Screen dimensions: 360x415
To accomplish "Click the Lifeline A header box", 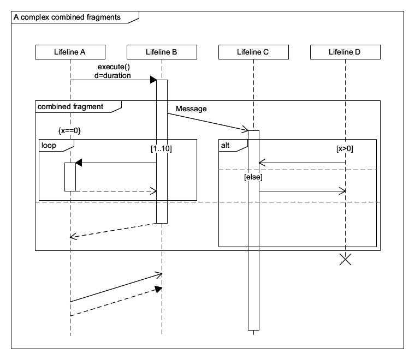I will point(70,52).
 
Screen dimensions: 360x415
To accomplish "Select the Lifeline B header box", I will point(162,52).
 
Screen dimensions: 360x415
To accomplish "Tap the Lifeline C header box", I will point(253,52).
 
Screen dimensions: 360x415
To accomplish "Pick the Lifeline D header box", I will point(345,52).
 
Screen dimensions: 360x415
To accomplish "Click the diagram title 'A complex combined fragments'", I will point(67,17).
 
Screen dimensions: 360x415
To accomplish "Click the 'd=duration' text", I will point(113,75).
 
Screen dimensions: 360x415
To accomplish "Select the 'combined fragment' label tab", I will point(70,106).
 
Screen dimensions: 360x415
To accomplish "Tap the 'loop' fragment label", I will point(49,145).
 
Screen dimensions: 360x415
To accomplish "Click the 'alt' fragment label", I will point(225,145).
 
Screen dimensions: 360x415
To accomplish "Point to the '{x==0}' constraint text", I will point(70,131).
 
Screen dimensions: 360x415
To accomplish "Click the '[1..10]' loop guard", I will point(161,147).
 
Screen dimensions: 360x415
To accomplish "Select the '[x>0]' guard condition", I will point(345,147).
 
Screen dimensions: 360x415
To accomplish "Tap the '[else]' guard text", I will point(253,177).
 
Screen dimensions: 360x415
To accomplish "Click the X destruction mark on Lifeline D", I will point(345,259).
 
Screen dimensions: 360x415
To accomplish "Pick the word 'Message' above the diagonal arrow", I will point(191,109).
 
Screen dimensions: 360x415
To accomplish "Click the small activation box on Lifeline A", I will point(70,177).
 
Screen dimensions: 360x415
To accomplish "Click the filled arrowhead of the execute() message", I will point(153,80).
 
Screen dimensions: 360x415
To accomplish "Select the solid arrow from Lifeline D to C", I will point(301,163).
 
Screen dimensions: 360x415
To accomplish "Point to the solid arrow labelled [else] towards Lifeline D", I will point(301,191).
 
